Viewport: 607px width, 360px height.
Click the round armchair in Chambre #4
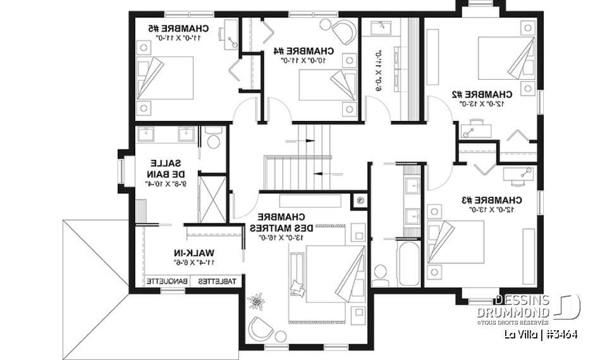pyautogui.click(x=343, y=30)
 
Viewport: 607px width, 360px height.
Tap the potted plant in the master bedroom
pyautogui.click(x=258, y=300)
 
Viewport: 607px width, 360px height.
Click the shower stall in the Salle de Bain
pyautogui.click(x=212, y=197)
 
